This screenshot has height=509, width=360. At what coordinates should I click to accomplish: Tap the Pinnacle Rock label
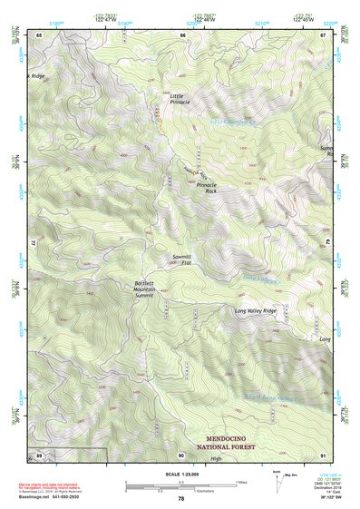pyautogui.click(x=206, y=189)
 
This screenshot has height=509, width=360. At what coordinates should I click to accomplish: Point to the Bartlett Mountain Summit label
pyautogui.click(x=144, y=289)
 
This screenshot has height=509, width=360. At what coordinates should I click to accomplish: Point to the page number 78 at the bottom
pyautogui.click(x=180, y=499)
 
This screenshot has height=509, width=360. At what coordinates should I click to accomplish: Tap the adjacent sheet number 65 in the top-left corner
pyautogui.click(x=40, y=34)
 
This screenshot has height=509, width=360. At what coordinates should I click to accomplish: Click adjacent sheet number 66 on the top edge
pyautogui.click(x=182, y=34)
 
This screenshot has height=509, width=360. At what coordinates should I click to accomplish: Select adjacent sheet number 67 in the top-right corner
pyautogui.click(x=323, y=34)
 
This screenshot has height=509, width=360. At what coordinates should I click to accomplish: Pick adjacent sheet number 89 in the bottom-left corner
pyautogui.click(x=40, y=455)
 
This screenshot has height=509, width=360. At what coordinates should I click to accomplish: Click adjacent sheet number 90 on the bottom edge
pyautogui.click(x=181, y=455)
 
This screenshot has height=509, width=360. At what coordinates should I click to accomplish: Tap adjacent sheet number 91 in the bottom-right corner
pyautogui.click(x=323, y=455)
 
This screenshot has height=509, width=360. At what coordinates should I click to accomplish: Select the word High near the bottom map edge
pyautogui.click(x=216, y=458)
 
